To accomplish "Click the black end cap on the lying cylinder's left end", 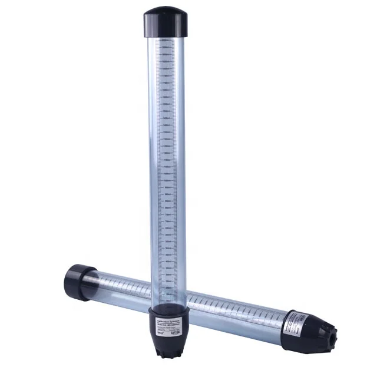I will tap(76, 281).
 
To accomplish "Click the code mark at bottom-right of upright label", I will tap(179, 333).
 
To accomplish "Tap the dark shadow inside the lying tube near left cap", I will tap(94, 283).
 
